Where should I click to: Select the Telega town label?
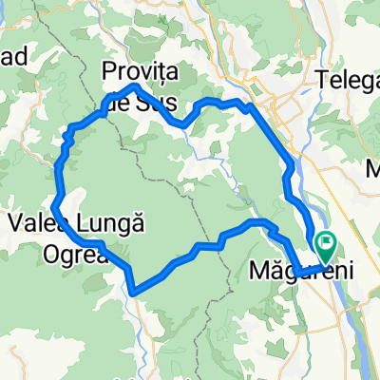coord(350,79)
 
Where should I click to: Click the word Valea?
coord(37,225)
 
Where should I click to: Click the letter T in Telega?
coord(324,79)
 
